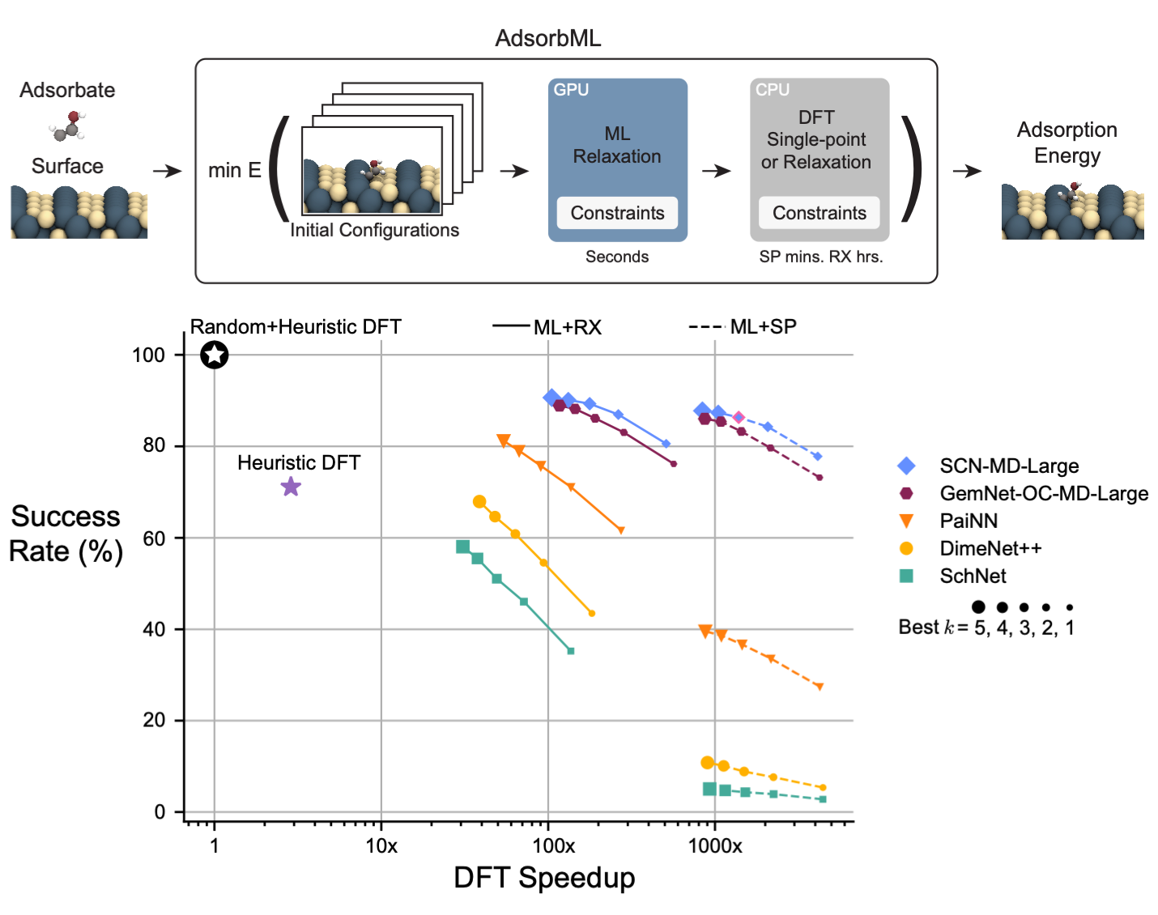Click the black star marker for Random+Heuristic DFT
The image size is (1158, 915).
coord(215,355)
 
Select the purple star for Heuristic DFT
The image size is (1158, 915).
coord(291,487)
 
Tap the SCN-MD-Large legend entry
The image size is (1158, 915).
coord(1008,466)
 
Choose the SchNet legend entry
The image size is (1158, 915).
coord(973,576)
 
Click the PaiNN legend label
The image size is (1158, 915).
coord(969,521)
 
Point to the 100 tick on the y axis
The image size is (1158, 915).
coord(148,355)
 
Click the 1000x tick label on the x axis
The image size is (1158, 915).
coord(715,846)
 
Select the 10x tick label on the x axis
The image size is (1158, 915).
coord(381,846)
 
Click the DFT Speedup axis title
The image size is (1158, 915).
coord(544,878)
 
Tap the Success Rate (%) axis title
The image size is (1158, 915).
coord(66,534)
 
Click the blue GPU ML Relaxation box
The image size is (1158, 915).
coord(617,146)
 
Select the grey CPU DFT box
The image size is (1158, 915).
coord(819,146)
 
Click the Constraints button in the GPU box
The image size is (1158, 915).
coord(617,213)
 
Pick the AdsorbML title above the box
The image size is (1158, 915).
coord(548,38)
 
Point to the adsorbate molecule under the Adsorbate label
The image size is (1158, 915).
coord(68,126)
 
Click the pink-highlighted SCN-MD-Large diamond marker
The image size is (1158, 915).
coord(739,418)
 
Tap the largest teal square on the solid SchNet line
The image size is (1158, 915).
coord(463,547)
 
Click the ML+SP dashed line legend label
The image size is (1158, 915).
coord(763,326)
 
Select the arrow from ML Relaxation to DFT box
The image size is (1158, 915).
coord(717,171)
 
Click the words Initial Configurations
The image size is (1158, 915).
coord(374,230)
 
